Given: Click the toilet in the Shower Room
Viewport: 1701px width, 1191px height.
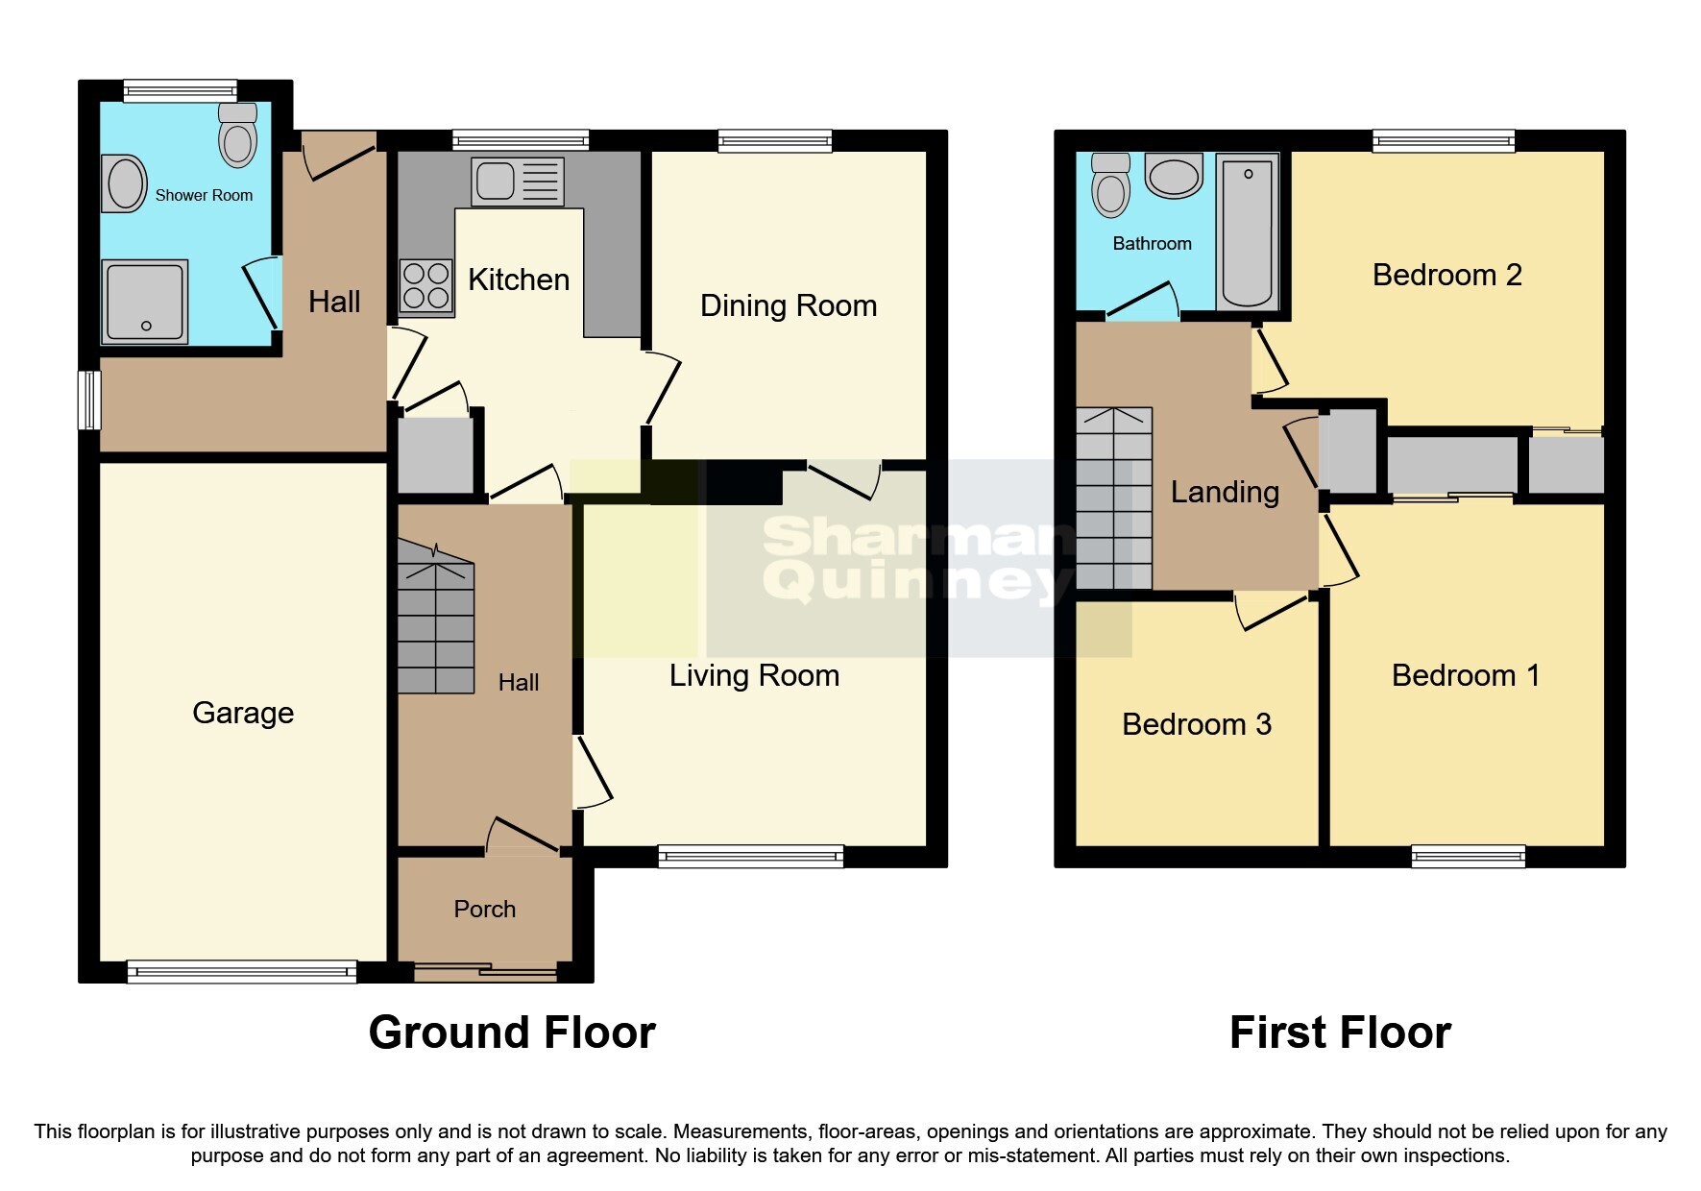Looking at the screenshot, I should click(238, 135).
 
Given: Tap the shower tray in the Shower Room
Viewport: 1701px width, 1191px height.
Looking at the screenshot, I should click(146, 302).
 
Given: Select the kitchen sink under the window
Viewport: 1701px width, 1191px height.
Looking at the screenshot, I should click(517, 181).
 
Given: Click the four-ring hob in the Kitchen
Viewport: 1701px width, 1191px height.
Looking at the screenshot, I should click(426, 285).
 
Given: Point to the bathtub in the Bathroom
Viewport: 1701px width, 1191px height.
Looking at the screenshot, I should click(1247, 231).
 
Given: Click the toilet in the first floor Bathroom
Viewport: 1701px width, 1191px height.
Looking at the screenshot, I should click(1110, 184).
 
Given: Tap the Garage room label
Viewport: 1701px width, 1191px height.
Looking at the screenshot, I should click(243, 713).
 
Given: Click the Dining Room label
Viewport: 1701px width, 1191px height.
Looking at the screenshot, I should click(788, 305).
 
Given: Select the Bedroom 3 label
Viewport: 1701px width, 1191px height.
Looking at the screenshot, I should click(1196, 723).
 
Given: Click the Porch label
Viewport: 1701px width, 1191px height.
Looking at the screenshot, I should click(484, 909).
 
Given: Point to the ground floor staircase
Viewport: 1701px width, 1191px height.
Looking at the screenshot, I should click(436, 627).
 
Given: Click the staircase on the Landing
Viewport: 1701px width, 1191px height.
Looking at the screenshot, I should click(1113, 498).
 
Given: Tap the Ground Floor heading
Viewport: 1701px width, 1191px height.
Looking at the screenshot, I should click(512, 1033).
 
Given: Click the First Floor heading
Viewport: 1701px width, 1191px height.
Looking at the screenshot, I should click(1339, 1033).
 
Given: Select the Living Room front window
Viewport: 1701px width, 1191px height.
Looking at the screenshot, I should click(750, 855).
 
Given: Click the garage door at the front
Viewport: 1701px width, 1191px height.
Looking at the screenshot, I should click(242, 971).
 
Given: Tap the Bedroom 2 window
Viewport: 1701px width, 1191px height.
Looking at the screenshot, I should click(1443, 141).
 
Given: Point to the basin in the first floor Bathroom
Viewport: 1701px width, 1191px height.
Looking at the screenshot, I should click(1174, 177).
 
